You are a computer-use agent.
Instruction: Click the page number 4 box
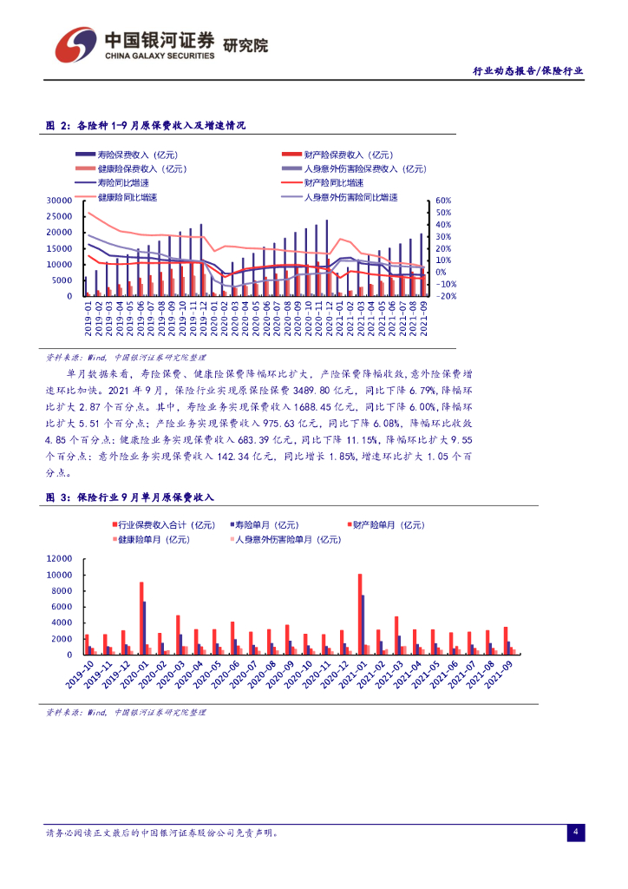point(575,833)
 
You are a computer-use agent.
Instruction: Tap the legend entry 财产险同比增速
point(334,183)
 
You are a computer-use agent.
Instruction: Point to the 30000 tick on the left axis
point(58,201)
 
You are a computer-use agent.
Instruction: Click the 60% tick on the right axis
point(443,200)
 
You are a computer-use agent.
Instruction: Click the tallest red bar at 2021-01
point(359,614)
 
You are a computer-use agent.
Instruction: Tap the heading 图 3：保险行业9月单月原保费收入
point(129,497)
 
